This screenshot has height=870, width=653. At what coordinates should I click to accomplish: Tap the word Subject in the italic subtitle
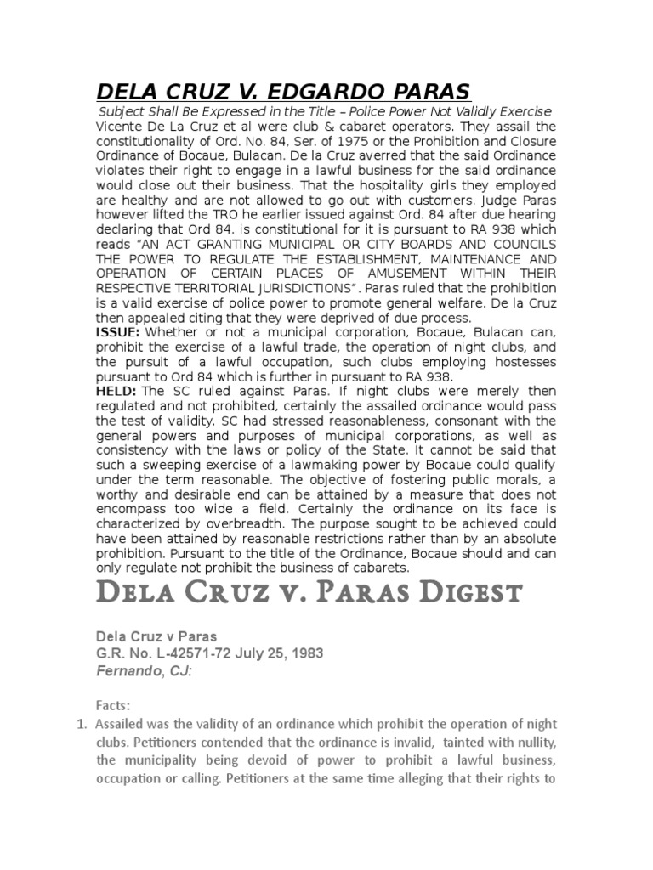coord(125,111)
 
